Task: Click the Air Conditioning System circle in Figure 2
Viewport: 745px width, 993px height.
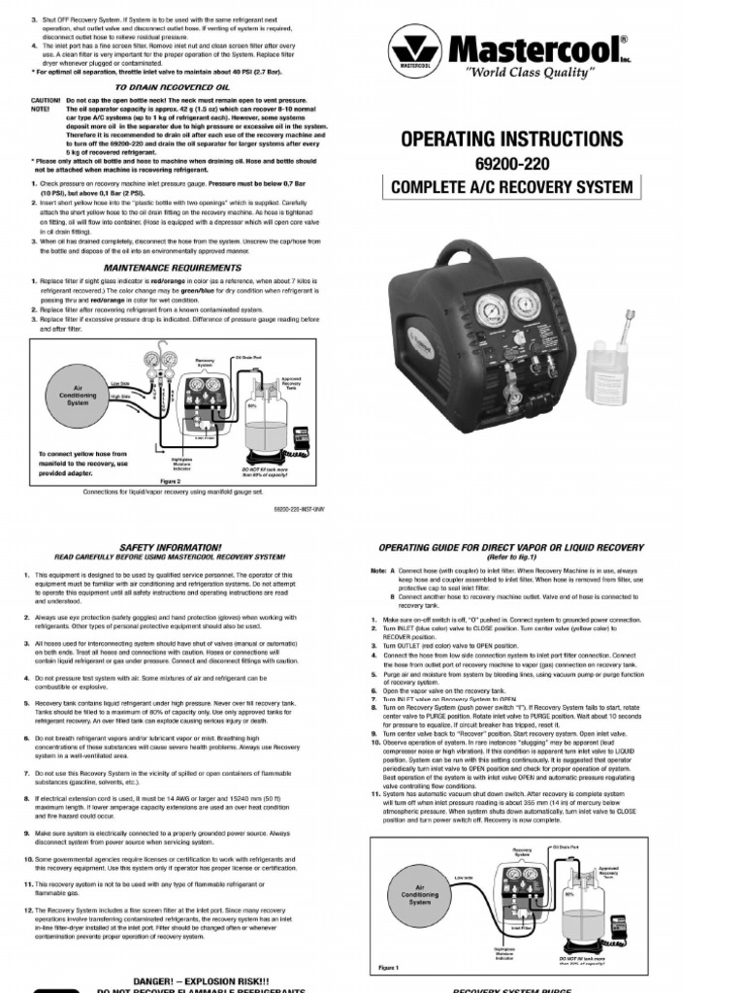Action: click(x=79, y=397)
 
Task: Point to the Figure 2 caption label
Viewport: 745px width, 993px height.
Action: click(x=171, y=480)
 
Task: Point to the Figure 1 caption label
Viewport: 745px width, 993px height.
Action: click(x=388, y=967)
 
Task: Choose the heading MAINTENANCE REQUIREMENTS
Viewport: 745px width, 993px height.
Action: click(x=172, y=267)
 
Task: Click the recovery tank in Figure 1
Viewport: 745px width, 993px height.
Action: click(x=606, y=912)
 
